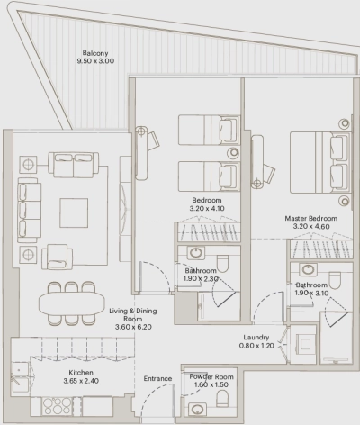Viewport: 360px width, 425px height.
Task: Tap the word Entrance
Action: point(157,379)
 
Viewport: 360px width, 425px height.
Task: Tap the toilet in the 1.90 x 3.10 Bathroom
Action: point(336,280)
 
